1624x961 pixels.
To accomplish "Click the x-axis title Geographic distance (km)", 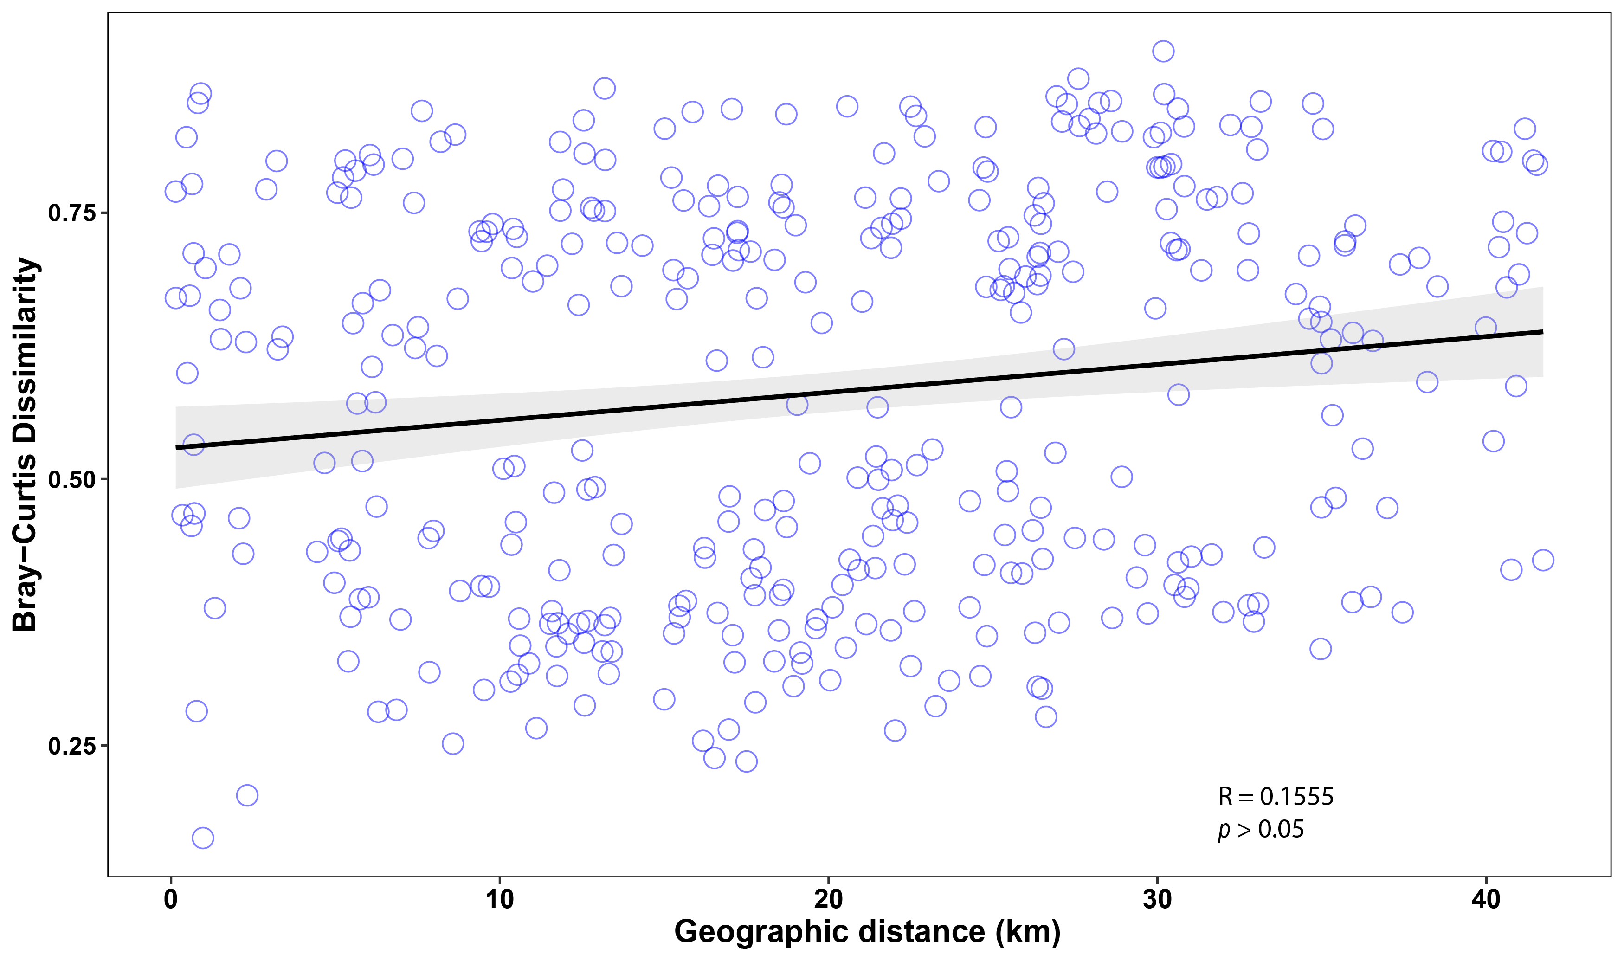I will tap(867, 932).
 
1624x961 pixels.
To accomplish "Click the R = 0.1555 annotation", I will tap(1275, 797).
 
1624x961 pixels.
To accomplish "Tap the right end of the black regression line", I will tap(1542, 332).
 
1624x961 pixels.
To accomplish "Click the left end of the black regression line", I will tap(176, 447).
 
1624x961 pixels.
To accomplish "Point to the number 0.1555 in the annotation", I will tap(1296, 797).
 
